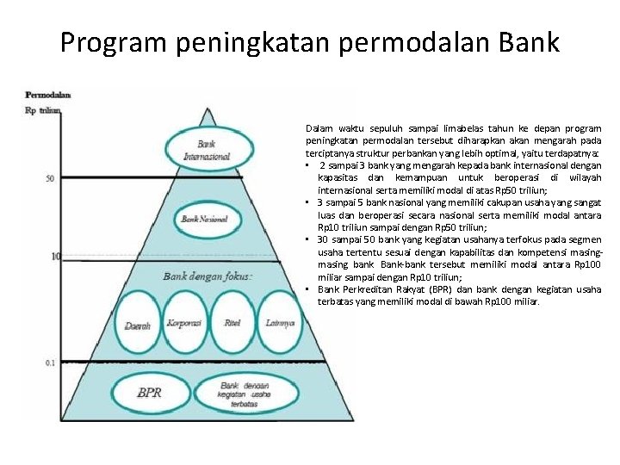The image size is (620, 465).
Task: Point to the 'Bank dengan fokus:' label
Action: (208, 276)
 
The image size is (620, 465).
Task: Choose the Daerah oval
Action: (138, 325)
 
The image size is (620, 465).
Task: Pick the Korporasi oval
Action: (184, 323)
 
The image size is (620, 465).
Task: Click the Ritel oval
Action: (232, 323)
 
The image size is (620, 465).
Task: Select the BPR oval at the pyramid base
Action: (149, 393)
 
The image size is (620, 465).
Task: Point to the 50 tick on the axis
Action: (51, 178)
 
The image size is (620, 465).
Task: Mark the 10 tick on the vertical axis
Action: (55, 257)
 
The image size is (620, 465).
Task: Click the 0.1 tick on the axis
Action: (51, 363)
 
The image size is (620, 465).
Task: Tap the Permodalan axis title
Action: (47, 95)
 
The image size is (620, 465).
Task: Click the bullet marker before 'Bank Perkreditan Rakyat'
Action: (307, 289)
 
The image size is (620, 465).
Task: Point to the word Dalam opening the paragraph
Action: (319, 128)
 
